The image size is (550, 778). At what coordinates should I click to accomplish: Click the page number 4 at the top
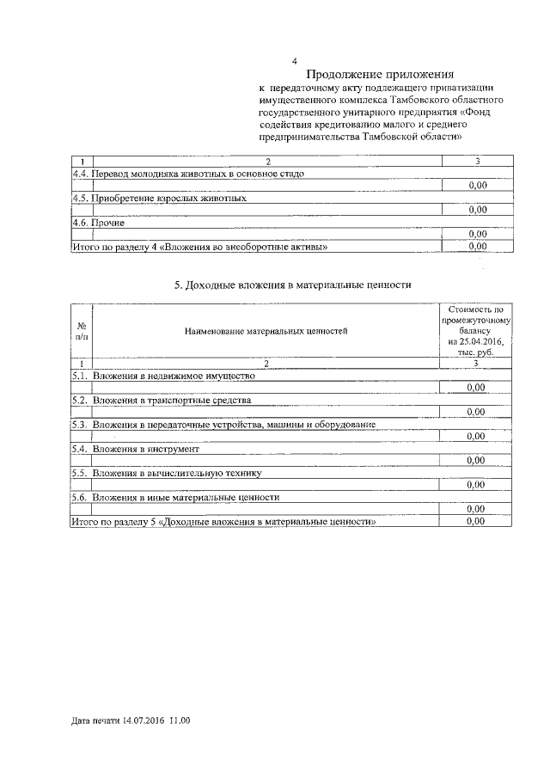[x=295, y=61]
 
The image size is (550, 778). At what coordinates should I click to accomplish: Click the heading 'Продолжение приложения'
[x=380, y=75]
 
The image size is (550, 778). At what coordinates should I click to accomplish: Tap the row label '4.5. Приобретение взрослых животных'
[x=159, y=198]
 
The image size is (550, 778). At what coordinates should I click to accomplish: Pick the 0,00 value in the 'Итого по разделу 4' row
[x=478, y=247]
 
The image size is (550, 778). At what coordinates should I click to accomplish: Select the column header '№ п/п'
[x=81, y=330]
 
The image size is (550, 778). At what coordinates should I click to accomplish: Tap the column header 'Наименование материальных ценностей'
[x=266, y=331]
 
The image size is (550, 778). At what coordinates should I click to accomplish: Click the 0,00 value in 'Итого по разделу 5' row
[x=478, y=522]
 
